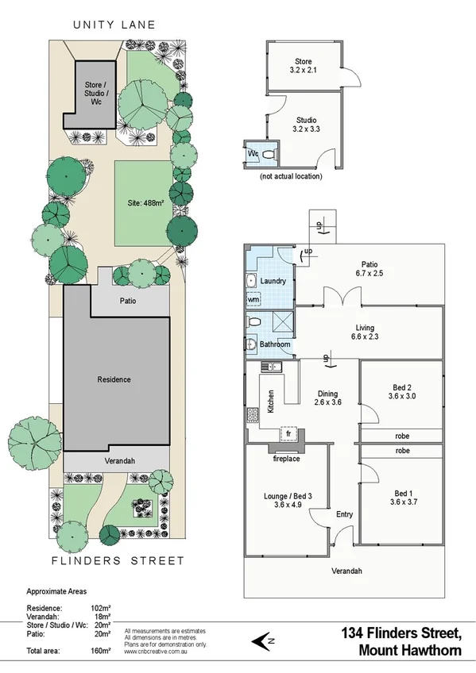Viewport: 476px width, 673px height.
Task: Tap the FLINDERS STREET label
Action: [118, 560]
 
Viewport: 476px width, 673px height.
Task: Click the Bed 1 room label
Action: [401, 497]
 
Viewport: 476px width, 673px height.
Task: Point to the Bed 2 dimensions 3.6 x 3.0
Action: [401, 395]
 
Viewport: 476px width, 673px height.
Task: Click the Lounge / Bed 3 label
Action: [288, 497]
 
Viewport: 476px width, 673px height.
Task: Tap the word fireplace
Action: [286, 458]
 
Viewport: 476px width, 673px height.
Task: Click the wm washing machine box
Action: [253, 300]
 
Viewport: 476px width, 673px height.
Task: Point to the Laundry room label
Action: [273, 281]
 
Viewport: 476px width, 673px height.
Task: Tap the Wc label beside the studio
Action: [253, 153]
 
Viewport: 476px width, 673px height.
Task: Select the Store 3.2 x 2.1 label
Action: [303, 66]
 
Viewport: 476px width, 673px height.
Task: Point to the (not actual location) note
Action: [292, 176]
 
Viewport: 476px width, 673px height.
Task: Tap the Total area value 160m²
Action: [101, 650]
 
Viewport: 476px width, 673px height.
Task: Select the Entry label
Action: [343, 514]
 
